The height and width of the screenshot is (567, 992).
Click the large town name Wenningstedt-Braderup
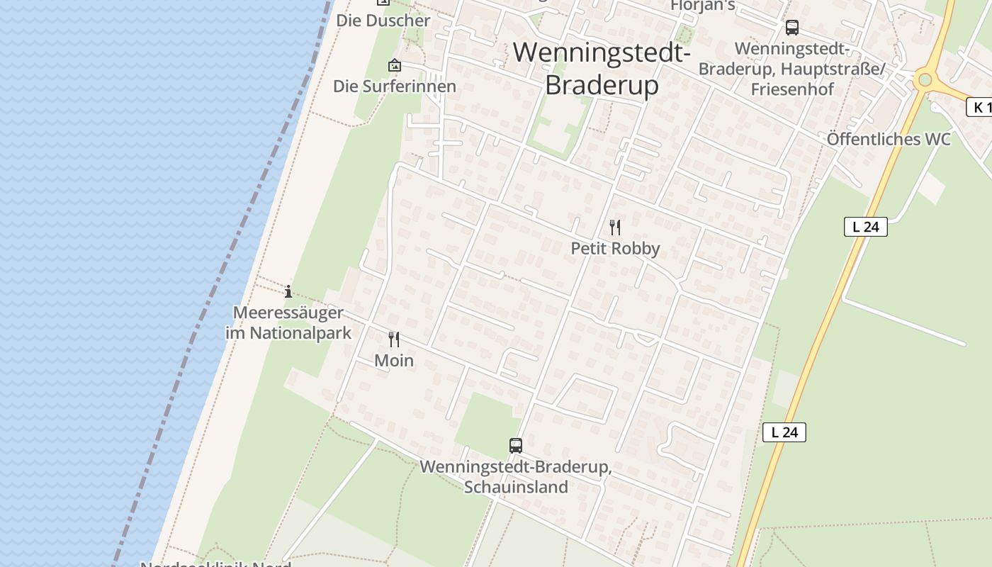tap(602, 68)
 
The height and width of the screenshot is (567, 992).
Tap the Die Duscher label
tap(383, 21)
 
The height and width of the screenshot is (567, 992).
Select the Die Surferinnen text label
tap(395, 86)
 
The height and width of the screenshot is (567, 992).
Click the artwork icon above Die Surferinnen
tap(395, 66)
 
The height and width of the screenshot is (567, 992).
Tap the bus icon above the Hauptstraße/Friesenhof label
tap(792, 28)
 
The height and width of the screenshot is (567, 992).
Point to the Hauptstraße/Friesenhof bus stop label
tap(791, 69)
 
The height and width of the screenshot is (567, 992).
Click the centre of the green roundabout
tap(923, 79)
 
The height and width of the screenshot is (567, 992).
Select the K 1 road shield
tap(979, 108)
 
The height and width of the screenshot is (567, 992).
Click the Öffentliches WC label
tap(889, 139)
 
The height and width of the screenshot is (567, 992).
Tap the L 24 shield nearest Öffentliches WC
tap(865, 227)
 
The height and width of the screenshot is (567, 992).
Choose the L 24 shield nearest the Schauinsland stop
tap(784, 432)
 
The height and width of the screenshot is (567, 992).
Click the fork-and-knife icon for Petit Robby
tap(615, 228)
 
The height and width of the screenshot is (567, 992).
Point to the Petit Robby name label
tap(615, 249)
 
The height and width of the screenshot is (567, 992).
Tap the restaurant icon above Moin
tap(394, 339)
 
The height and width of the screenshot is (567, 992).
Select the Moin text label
tap(394, 361)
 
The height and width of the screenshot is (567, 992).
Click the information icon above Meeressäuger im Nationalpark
tap(288, 291)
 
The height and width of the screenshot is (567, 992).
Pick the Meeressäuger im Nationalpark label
tap(288, 322)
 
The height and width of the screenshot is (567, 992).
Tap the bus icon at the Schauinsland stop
tap(516, 446)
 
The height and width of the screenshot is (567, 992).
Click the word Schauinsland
tap(516, 488)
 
